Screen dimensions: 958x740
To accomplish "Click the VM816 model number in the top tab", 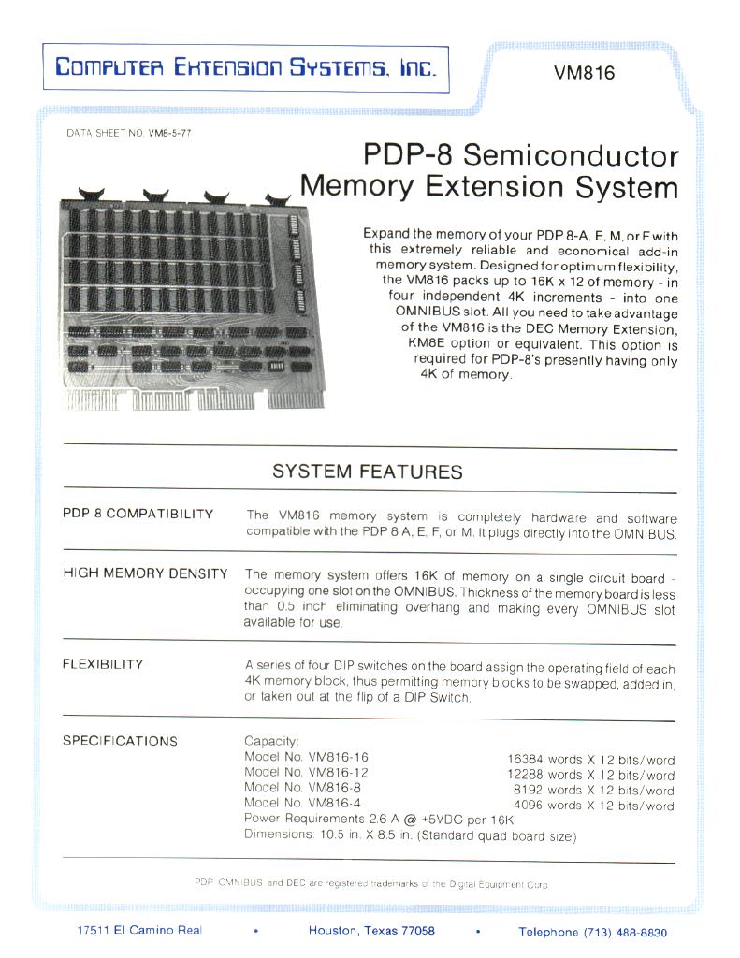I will [584, 73].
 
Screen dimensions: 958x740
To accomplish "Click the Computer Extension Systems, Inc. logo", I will [245, 67].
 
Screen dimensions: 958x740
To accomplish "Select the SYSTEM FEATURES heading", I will [368, 472].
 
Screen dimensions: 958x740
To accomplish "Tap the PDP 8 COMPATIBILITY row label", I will [138, 515].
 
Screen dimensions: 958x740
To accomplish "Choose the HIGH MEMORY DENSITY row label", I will [145, 573].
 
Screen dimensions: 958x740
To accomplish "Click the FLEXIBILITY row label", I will [103, 664].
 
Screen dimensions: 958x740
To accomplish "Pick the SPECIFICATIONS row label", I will [120, 741].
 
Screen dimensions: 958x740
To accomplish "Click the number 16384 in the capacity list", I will [525, 761].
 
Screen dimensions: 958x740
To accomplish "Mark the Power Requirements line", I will [379, 819].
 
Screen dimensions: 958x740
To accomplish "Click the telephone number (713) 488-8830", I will [626, 932].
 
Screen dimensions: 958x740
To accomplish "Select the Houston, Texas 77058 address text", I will [371, 931].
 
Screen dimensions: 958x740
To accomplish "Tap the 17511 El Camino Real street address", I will [139, 930].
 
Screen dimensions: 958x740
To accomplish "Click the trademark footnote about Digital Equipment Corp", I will [370, 883].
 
